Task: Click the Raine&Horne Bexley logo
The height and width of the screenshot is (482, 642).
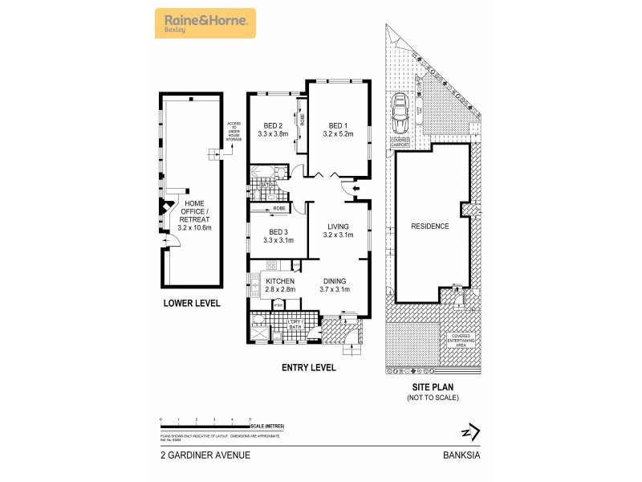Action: (x=205, y=23)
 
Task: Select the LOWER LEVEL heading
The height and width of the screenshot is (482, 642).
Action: (x=191, y=304)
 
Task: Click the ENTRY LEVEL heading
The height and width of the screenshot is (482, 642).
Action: (x=308, y=368)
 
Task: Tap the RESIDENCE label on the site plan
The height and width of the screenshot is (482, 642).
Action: (x=430, y=227)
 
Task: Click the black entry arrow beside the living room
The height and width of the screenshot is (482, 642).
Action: (x=346, y=189)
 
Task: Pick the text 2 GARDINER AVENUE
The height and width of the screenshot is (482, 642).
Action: (x=205, y=455)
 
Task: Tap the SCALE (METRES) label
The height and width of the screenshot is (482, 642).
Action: (x=266, y=425)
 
